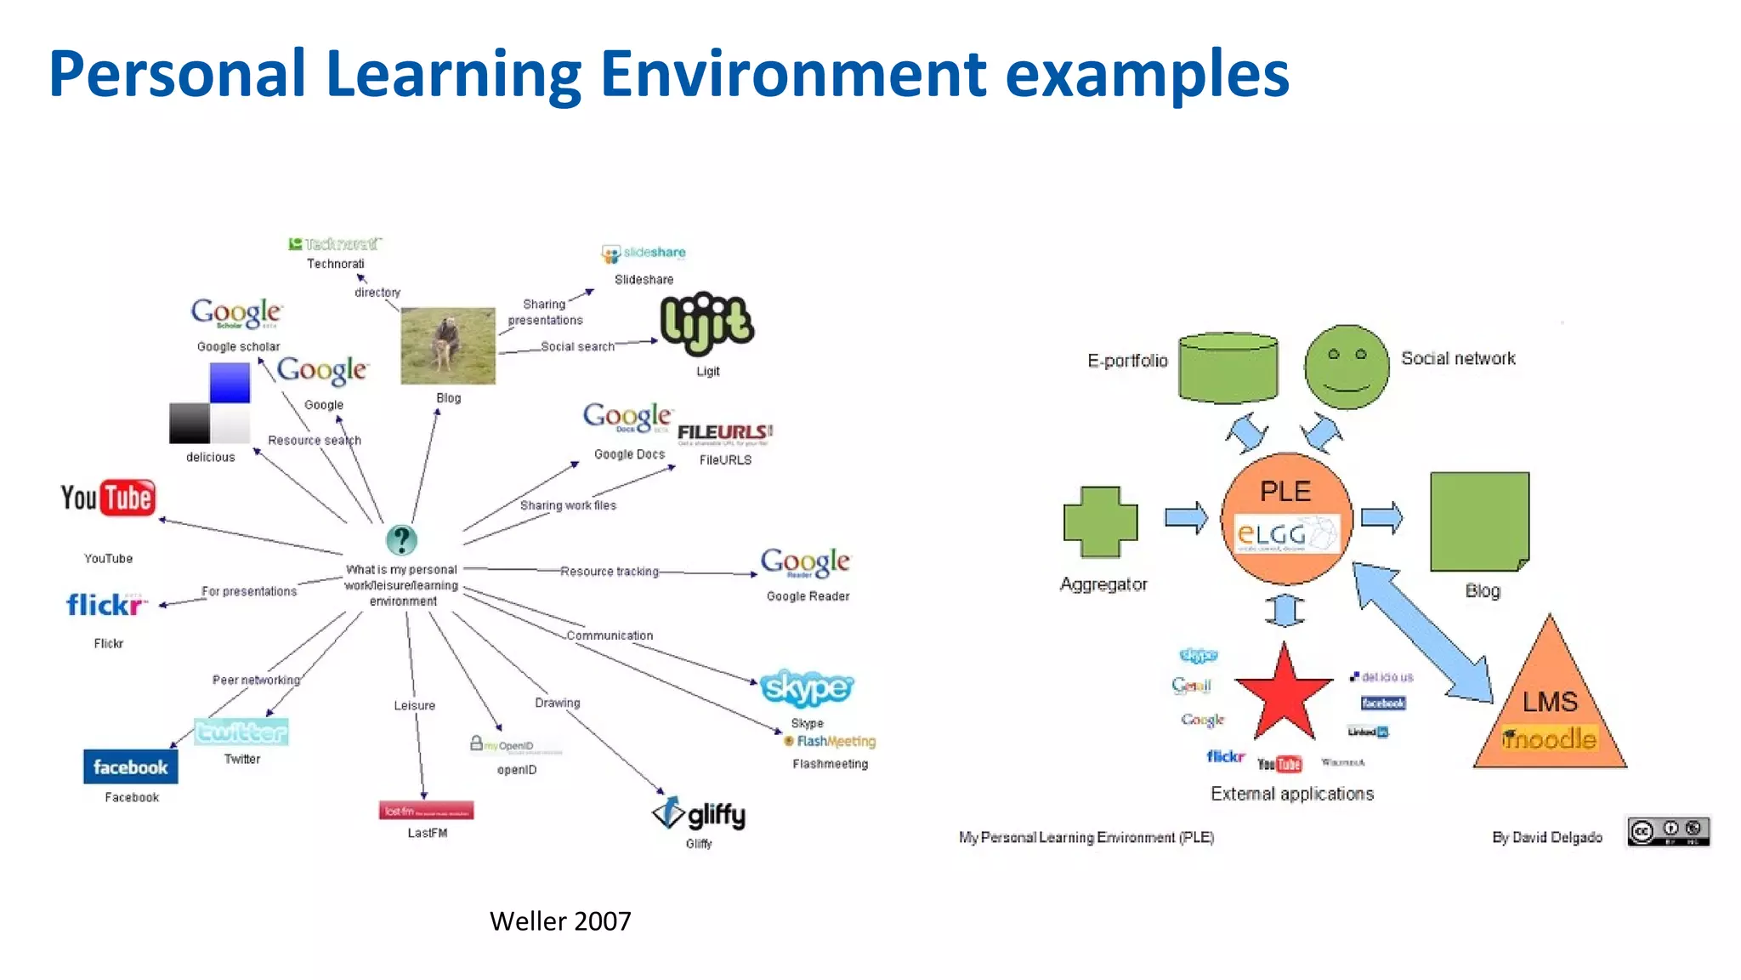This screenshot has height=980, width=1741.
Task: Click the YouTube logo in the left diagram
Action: pyautogui.click(x=108, y=498)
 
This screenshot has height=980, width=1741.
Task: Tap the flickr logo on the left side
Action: pyautogui.click(x=105, y=605)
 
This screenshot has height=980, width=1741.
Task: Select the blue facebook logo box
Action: pyautogui.click(x=130, y=766)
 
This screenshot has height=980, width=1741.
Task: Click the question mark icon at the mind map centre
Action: pyautogui.click(x=401, y=540)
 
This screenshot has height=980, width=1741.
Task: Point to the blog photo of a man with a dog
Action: pyautogui.click(x=448, y=346)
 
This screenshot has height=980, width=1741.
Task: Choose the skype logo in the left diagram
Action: pyautogui.click(x=806, y=687)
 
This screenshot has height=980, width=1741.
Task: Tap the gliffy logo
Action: pyautogui.click(x=699, y=814)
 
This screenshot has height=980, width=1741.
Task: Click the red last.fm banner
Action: pyautogui.click(x=426, y=811)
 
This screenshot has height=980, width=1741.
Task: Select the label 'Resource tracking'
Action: pyautogui.click(x=610, y=572)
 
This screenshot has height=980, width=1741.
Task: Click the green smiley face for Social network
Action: pyautogui.click(x=1347, y=367)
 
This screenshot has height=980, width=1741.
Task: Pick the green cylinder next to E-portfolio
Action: pyautogui.click(x=1228, y=367)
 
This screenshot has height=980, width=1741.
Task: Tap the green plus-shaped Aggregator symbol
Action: pyautogui.click(x=1100, y=522)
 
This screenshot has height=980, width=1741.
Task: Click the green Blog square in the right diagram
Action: pyautogui.click(x=1479, y=521)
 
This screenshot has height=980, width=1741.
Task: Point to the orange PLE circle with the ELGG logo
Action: pyautogui.click(x=1286, y=518)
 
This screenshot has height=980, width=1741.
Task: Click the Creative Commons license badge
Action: pyautogui.click(x=1668, y=831)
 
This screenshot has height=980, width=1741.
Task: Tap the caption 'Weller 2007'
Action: pyautogui.click(x=560, y=921)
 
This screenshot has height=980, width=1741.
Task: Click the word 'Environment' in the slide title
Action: pyautogui.click(x=792, y=75)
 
